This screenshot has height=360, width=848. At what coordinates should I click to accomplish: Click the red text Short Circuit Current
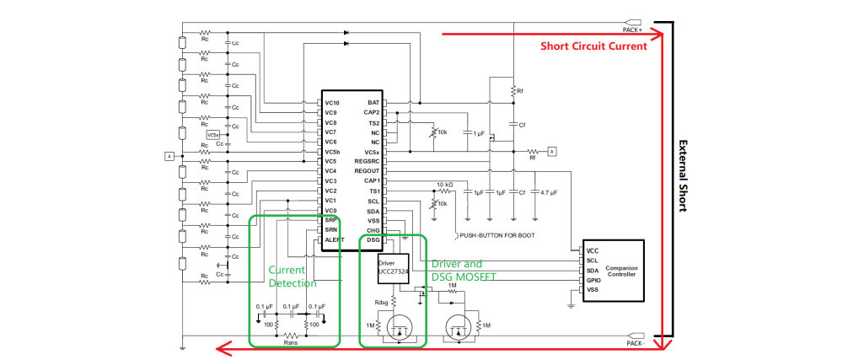593,46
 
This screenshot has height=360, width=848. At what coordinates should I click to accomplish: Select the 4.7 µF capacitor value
549,192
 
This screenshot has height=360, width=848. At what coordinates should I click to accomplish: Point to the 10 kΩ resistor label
445,184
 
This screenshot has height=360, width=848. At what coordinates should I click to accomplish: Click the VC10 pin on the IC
331,102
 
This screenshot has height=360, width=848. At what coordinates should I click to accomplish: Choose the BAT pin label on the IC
373,102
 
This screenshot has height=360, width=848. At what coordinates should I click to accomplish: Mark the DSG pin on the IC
373,240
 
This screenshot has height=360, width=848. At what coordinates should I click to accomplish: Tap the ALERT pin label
335,240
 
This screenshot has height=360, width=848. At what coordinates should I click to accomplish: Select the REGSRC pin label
368,161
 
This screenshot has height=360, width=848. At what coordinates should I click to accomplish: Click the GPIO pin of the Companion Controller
593,280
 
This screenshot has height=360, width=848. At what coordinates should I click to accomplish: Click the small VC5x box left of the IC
213,134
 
